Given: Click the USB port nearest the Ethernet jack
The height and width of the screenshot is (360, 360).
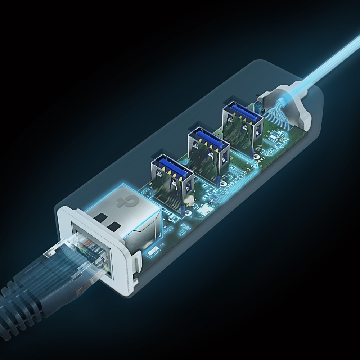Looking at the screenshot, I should click(172, 180).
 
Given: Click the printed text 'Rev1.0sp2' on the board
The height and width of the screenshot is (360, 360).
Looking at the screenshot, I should click(266, 158).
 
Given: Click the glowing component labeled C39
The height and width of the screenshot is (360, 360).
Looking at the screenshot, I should click(153, 250).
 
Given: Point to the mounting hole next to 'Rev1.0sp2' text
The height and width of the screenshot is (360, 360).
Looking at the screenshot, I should click(257, 157).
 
